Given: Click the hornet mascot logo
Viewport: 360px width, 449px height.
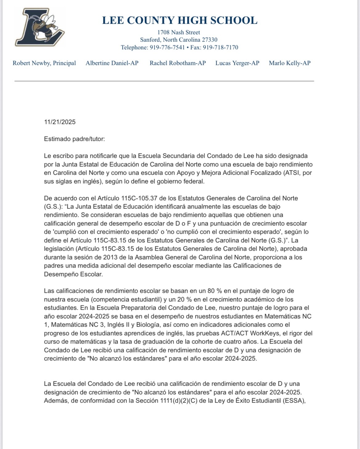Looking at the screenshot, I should click(x=40, y=27).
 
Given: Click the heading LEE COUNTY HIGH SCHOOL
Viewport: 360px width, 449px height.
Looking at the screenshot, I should click(x=180, y=20).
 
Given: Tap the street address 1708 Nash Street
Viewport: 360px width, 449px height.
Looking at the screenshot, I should click(x=179, y=32).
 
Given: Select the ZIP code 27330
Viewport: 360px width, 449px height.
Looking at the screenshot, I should click(x=210, y=40).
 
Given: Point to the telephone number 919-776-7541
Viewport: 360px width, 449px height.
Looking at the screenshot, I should click(x=167, y=47).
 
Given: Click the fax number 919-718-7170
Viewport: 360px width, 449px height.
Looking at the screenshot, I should click(x=220, y=47).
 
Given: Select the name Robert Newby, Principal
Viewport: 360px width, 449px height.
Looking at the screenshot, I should click(x=44, y=63).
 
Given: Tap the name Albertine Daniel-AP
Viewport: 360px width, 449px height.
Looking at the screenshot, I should click(x=112, y=63).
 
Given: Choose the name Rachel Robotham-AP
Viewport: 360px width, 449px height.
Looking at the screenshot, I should click(x=178, y=63).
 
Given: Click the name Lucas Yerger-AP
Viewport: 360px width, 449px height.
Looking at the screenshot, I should click(x=237, y=63).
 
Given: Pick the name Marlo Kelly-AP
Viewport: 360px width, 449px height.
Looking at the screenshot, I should click(x=290, y=63).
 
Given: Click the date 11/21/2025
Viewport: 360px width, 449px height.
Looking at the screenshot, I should click(x=60, y=122).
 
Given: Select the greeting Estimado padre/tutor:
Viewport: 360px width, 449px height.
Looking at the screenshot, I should click(x=74, y=139).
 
